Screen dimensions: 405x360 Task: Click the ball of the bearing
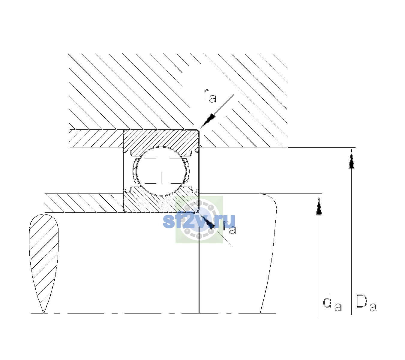(161, 171)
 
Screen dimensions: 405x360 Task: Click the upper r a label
(210, 96)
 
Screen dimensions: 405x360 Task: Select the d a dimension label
(332, 304)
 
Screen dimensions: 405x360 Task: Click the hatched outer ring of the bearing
(161, 140)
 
